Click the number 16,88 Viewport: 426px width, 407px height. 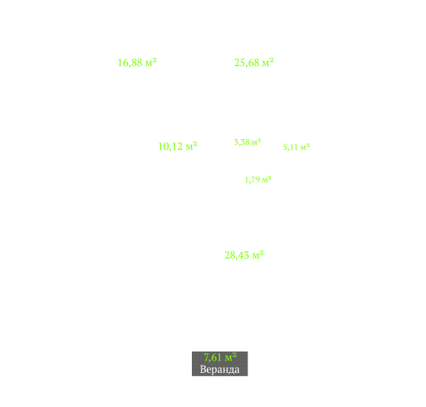click(x=130, y=63)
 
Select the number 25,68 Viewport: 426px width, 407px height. click(x=247, y=63)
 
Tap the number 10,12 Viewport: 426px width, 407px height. click(x=170, y=147)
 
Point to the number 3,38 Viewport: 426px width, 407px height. click(x=242, y=142)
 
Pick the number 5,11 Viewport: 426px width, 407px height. click(x=290, y=147)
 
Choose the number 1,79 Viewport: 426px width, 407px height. click(x=252, y=180)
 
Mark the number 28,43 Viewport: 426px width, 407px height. click(x=236, y=255)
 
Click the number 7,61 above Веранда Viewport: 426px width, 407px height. click(x=213, y=357)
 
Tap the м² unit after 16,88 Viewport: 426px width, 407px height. click(x=151, y=62)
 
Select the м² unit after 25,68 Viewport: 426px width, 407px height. click(x=267, y=62)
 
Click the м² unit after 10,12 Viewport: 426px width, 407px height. click(x=191, y=146)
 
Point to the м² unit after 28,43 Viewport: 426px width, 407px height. click(x=258, y=255)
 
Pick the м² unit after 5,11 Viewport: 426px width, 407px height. click(x=304, y=147)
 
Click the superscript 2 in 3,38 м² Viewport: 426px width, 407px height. click(x=259, y=140)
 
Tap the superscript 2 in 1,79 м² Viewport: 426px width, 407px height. click(x=270, y=178)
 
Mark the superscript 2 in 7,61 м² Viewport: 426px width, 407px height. click(x=234, y=354)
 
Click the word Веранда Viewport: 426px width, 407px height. click(x=219, y=369)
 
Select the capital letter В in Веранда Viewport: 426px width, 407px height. click(x=203, y=369)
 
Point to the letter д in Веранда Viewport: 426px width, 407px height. click(x=231, y=370)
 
